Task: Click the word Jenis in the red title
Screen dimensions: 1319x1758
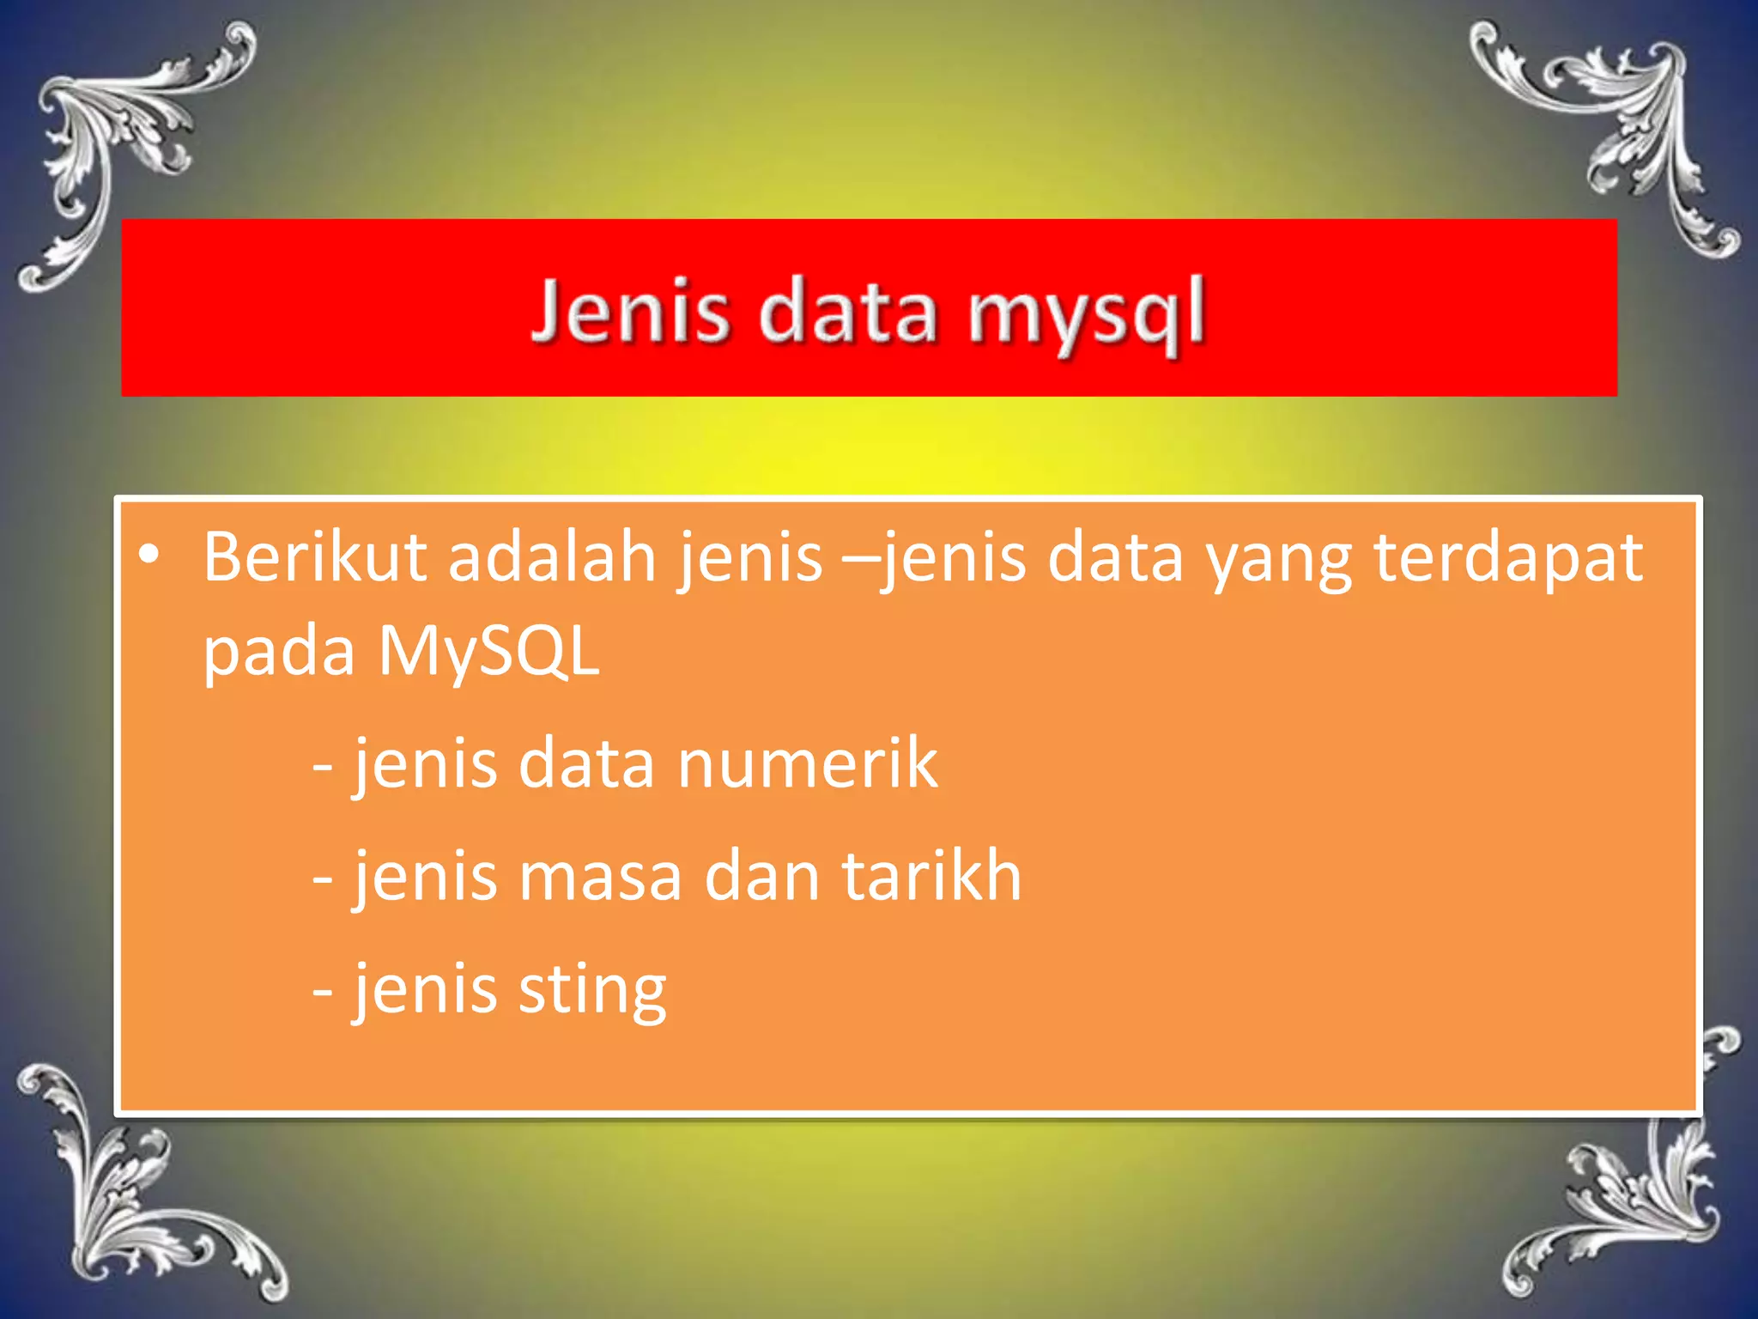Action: coord(631,311)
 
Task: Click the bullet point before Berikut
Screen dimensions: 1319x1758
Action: coord(149,556)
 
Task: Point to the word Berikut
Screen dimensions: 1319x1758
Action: coord(314,558)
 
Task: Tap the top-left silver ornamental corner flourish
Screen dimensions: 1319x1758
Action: coord(129,146)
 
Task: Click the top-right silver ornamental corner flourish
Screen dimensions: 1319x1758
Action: coord(1614,129)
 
